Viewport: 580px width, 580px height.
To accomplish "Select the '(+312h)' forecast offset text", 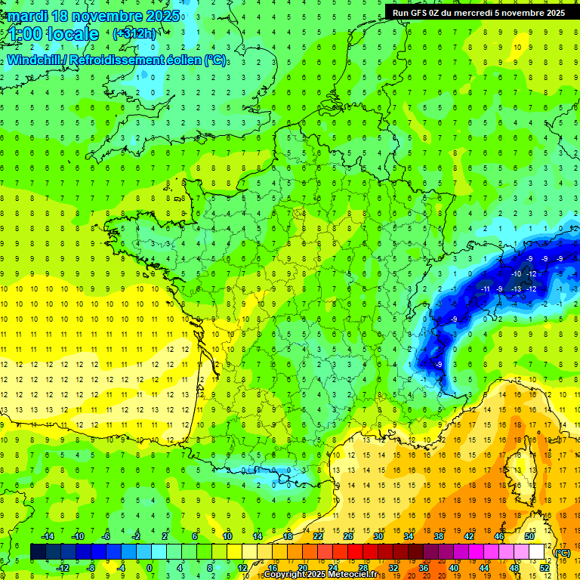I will pyautogui.click(x=134, y=33).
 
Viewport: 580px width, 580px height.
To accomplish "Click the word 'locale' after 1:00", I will pyautogui.click(x=72, y=34).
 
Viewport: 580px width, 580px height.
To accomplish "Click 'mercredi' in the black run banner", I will pyautogui.click(x=475, y=12).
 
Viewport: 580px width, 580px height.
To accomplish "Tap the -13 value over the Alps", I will pyautogui.click(x=516, y=288).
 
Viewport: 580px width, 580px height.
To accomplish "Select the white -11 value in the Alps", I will pyautogui.click(x=486, y=288).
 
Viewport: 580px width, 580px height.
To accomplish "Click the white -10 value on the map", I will pyautogui.click(x=516, y=273).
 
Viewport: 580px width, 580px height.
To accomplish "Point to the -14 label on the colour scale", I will pyautogui.click(x=48, y=535).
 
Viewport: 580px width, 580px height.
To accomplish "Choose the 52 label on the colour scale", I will pyautogui.click(x=545, y=568).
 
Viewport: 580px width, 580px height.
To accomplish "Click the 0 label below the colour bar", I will pyautogui.click(x=150, y=568).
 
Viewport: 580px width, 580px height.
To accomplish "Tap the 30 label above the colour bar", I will pyautogui.click(x=379, y=535).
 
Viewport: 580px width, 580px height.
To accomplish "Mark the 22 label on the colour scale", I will pyautogui.click(x=318, y=535).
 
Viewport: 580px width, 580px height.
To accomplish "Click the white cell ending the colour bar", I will pyautogui.click(x=537, y=552).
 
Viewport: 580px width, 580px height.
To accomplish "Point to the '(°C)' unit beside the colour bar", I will pyautogui.click(x=563, y=553).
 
